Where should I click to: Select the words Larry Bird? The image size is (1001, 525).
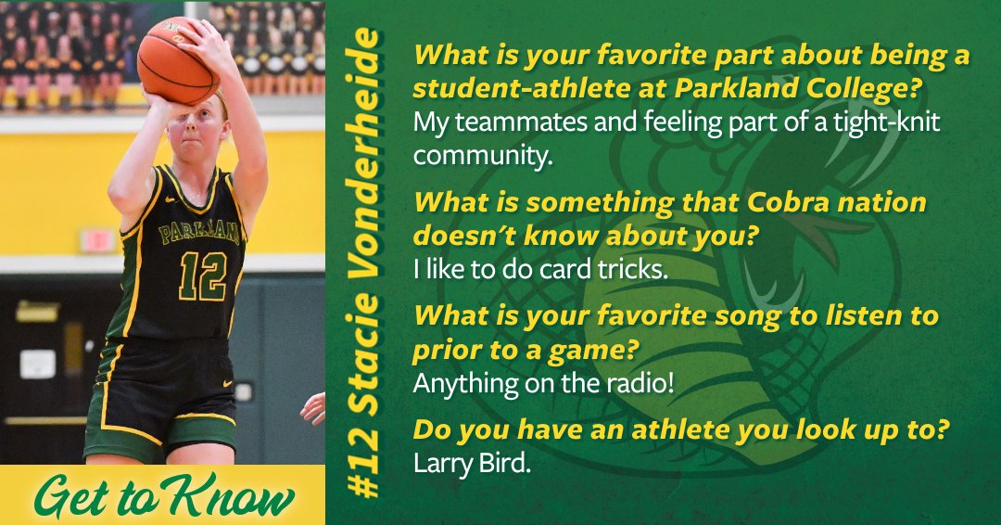click(x=472, y=463)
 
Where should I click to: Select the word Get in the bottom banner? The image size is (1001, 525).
click(x=77, y=499)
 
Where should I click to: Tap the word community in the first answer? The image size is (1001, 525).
click(x=482, y=156)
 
